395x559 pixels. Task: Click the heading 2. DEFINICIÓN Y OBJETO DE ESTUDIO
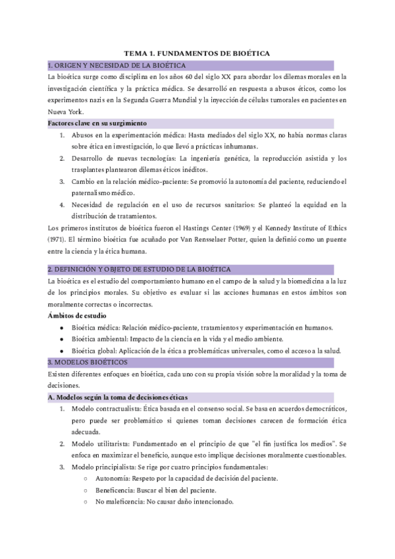138,269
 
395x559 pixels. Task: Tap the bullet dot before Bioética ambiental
62,339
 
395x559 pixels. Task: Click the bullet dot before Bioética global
62,351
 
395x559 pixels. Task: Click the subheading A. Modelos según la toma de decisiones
118,397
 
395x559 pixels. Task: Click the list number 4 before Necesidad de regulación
62,205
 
